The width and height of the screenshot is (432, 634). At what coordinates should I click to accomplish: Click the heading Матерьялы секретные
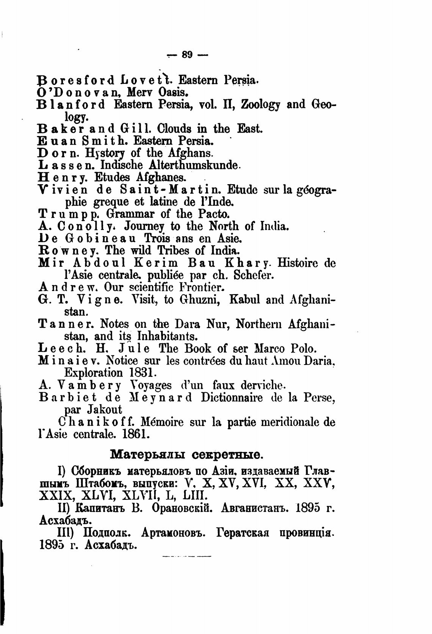(x=186, y=454)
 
